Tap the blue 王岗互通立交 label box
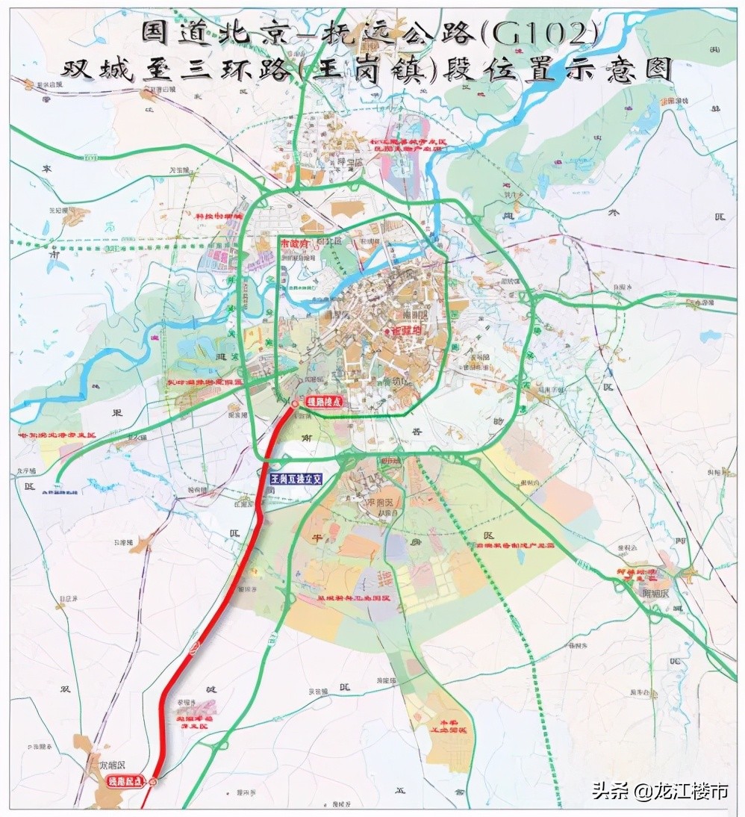(296, 479)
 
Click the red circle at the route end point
(294, 403)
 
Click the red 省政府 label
(402, 329)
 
